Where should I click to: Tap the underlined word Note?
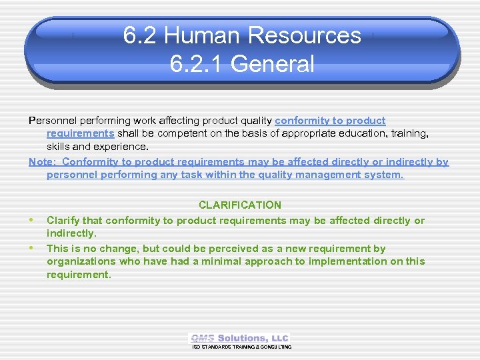[x=43, y=162]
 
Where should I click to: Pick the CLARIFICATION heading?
[x=240, y=205]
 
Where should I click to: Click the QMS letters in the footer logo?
[x=203, y=338]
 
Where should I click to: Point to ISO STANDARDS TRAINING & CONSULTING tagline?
[x=241, y=347]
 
